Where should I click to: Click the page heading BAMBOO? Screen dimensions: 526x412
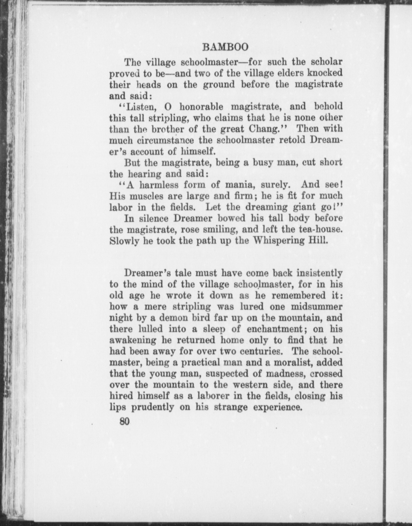[x=225, y=47]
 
